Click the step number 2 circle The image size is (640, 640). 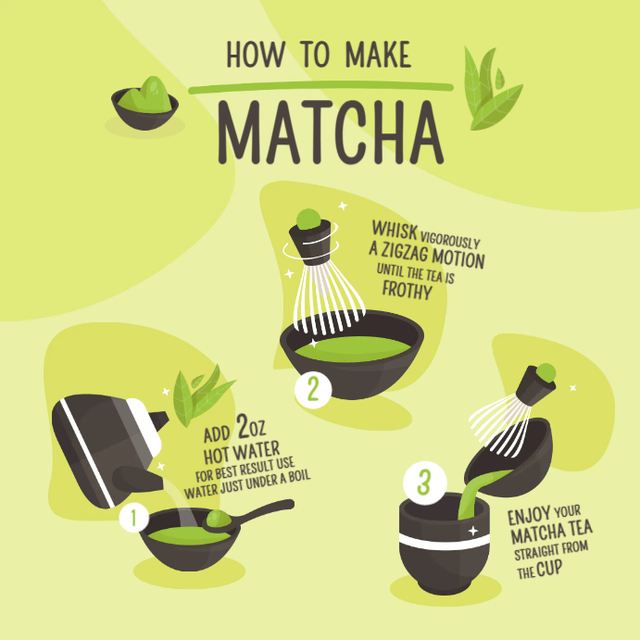tap(313, 389)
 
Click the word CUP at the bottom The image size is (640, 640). tap(548, 571)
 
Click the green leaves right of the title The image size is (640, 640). tap(490, 89)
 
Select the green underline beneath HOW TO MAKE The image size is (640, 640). tap(320, 88)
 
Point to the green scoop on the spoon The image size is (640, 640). tap(218, 520)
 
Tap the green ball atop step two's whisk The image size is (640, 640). tap(307, 220)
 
